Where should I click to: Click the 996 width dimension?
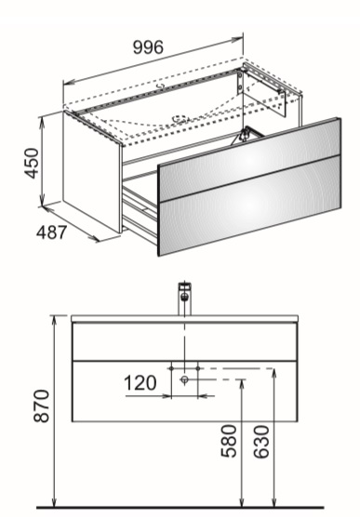[x=148, y=47]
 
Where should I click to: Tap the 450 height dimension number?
[x=33, y=164]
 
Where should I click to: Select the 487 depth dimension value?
[x=51, y=232]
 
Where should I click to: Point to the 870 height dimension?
[x=42, y=406]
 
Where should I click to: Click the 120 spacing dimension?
[x=140, y=383]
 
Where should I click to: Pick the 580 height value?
[x=229, y=441]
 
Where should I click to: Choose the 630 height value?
[x=261, y=442]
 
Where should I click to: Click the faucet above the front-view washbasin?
[x=185, y=298]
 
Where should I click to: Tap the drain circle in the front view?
[x=184, y=379]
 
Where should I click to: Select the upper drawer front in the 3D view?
[x=249, y=160]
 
